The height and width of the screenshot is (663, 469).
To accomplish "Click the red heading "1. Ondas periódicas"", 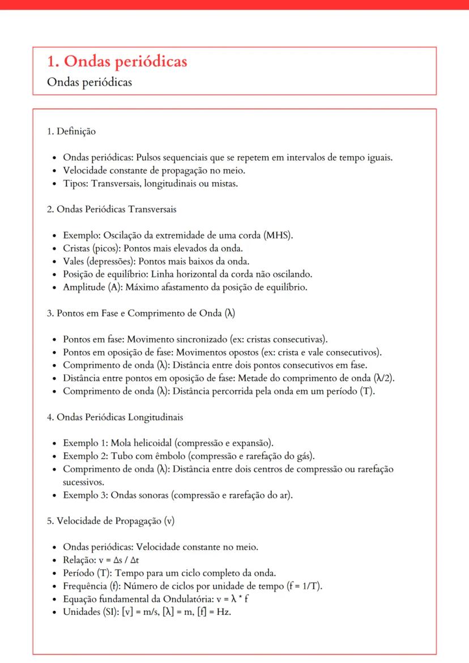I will pyautogui.click(x=117, y=62).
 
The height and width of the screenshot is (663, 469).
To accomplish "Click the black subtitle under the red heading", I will pyautogui.click(x=89, y=82).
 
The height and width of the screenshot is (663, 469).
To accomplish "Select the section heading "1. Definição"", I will pyautogui.click(x=71, y=131).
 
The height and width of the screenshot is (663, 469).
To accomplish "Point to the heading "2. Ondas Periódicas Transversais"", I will pyautogui.click(x=112, y=209).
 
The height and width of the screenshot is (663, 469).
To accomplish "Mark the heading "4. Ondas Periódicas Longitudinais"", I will pyautogui.click(x=115, y=417).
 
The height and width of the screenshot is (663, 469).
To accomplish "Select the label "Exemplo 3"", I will pyautogui.click(x=85, y=495).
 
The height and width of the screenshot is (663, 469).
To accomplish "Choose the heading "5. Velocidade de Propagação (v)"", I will pyautogui.click(x=111, y=521).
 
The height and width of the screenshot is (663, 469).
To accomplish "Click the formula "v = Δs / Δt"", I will pyautogui.click(x=122, y=560).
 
